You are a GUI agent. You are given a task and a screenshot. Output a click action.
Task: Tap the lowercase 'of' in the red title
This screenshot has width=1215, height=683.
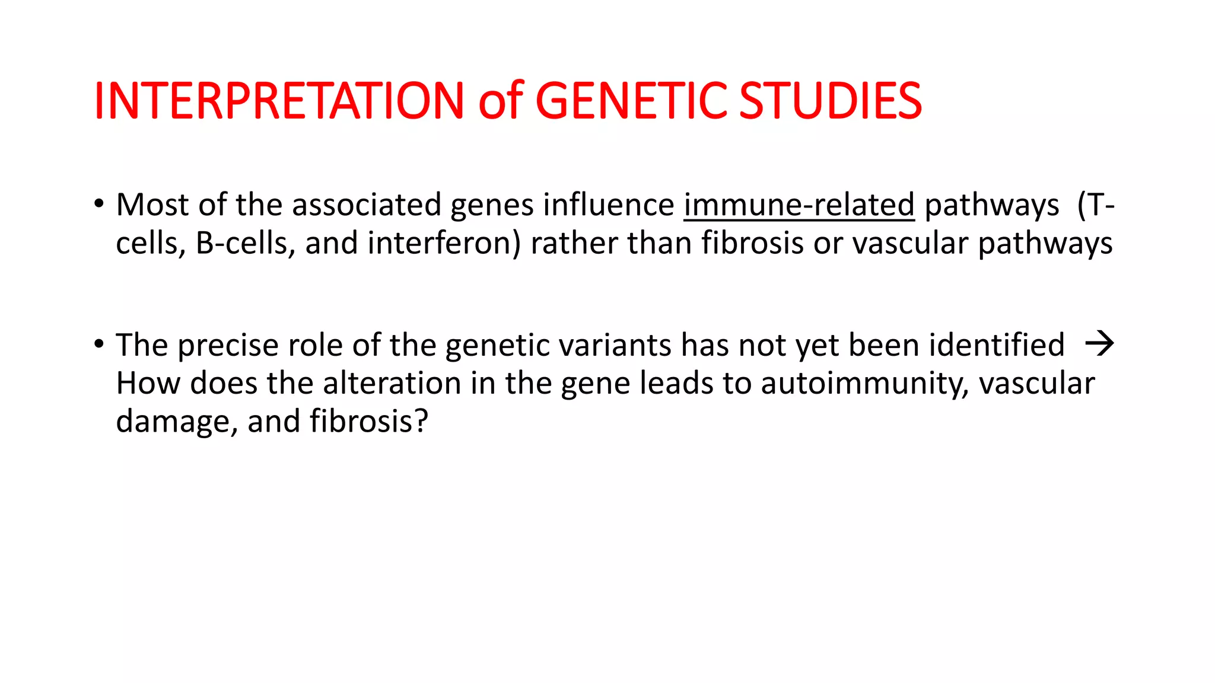pyautogui.click(x=500, y=101)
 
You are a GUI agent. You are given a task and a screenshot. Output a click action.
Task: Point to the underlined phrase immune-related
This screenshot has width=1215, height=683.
pyautogui.click(x=799, y=205)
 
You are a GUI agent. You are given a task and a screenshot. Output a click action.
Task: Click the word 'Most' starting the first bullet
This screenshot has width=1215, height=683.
pyautogui.click(x=152, y=205)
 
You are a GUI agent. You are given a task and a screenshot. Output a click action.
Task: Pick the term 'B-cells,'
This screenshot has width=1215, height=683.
pyautogui.click(x=246, y=243)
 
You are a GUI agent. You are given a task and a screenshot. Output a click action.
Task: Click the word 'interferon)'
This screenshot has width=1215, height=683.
pyautogui.click(x=444, y=243)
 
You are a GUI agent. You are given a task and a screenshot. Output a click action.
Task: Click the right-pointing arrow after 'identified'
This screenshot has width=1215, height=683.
pyautogui.click(x=1099, y=344)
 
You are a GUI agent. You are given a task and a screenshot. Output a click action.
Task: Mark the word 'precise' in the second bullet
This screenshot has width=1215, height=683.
pyautogui.click(x=228, y=345)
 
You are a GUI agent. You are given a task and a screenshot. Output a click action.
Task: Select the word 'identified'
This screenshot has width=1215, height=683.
pyautogui.click(x=996, y=345)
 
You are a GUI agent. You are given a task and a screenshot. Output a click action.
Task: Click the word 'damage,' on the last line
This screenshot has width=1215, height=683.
pyautogui.click(x=176, y=422)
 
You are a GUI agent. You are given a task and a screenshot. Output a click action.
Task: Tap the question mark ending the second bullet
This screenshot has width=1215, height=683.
pyautogui.click(x=421, y=421)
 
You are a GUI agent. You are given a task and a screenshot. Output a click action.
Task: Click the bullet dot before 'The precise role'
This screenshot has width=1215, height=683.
pyautogui.click(x=98, y=344)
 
